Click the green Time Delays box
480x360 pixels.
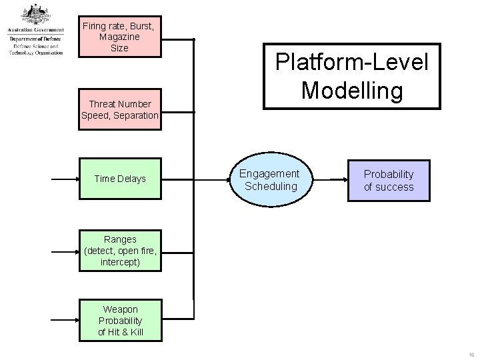point(120,179)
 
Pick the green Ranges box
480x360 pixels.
point(120,251)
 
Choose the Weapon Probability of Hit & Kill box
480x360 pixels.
point(120,320)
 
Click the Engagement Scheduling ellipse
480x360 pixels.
point(271,179)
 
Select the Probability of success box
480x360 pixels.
point(388,180)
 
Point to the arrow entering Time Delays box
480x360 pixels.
point(65,179)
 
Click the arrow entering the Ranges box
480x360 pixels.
point(65,251)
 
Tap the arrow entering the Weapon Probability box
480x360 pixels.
point(65,320)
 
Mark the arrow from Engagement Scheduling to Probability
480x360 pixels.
point(329,179)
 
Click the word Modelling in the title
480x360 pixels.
point(352,89)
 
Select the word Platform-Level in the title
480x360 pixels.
point(352,63)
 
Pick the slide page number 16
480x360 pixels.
point(471,353)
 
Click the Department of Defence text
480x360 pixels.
point(35,39)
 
